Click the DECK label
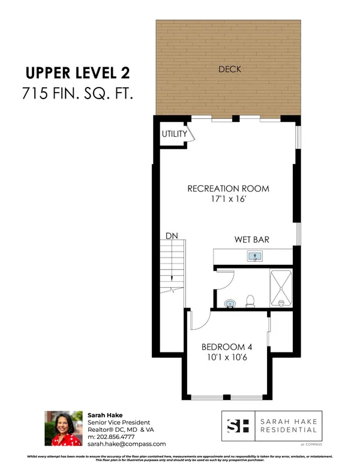click(230, 70)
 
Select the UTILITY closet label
click(174, 134)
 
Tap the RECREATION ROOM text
click(228, 189)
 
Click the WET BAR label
click(251, 240)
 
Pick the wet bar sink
click(255, 257)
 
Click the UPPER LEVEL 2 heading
click(77, 73)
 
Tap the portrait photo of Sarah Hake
click(63, 428)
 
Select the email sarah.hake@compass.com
click(127, 444)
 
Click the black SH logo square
click(236, 426)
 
